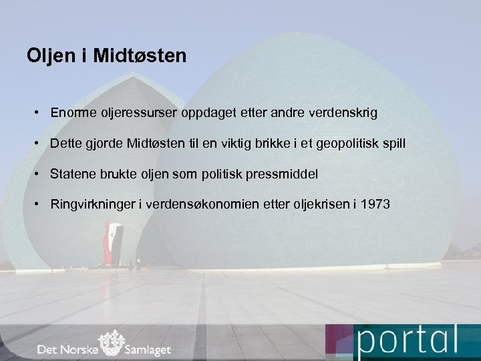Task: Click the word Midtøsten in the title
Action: point(140,55)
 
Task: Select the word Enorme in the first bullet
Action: point(71,113)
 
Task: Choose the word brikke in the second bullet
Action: point(267,144)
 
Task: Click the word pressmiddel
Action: point(281,174)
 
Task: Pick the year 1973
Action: point(374,205)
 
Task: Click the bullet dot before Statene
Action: point(39,174)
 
